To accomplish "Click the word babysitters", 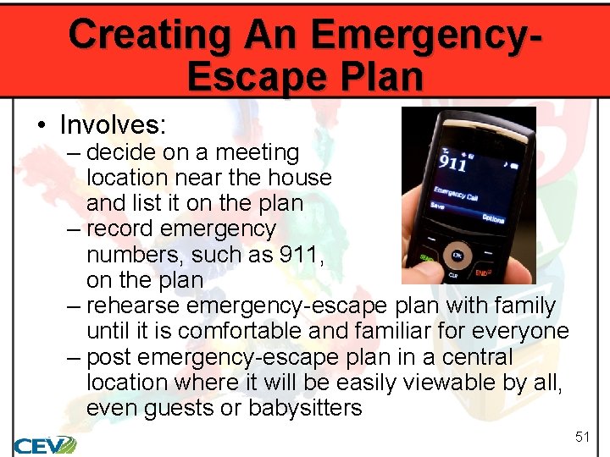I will (x=304, y=407).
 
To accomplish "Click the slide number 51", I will (x=582, y=437).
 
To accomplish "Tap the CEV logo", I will (x=44, y=444).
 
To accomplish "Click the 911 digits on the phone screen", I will (x=452, y=162).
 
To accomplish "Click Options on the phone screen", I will (x=493, y=218).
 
